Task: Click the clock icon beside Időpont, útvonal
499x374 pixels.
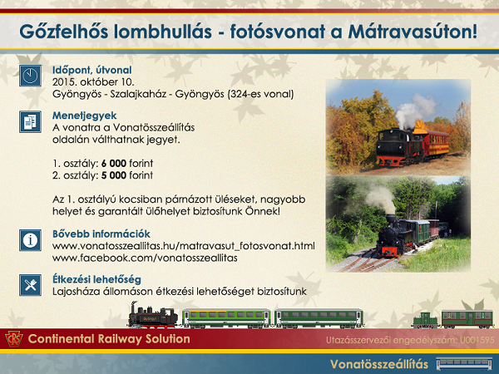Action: point(30,76)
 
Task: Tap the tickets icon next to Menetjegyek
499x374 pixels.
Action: point(30,121)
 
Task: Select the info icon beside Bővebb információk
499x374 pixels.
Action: point(30,240)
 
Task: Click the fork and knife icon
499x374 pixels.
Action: point(30,285)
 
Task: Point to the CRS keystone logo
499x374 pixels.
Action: point(14,339)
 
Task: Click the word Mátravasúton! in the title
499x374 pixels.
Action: point(413,32)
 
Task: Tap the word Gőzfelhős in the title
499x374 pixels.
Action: point(64,32)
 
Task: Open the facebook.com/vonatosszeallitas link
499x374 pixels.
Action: point(145,258)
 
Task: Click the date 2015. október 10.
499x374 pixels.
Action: point(93,82)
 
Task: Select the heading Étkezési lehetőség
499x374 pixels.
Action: point(96,279)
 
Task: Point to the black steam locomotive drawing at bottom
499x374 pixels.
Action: point(153,315)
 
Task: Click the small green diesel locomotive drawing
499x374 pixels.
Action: point(426,320)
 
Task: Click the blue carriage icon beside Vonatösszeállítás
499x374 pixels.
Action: point(465,364)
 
